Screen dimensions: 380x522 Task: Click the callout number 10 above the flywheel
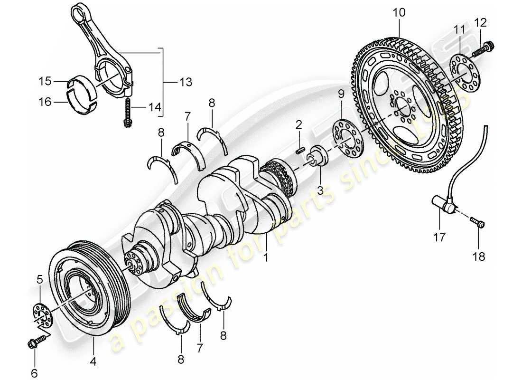pos(399,12)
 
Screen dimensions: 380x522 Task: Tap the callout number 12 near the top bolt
pos(480,22)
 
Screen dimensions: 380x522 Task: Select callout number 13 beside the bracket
pos(173,82)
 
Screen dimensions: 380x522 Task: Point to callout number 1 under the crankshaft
pos(266,257)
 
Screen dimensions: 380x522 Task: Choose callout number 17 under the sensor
pos(439,236)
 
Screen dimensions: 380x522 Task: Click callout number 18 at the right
pos(479,256)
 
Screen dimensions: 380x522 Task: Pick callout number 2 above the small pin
pos(298,125)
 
